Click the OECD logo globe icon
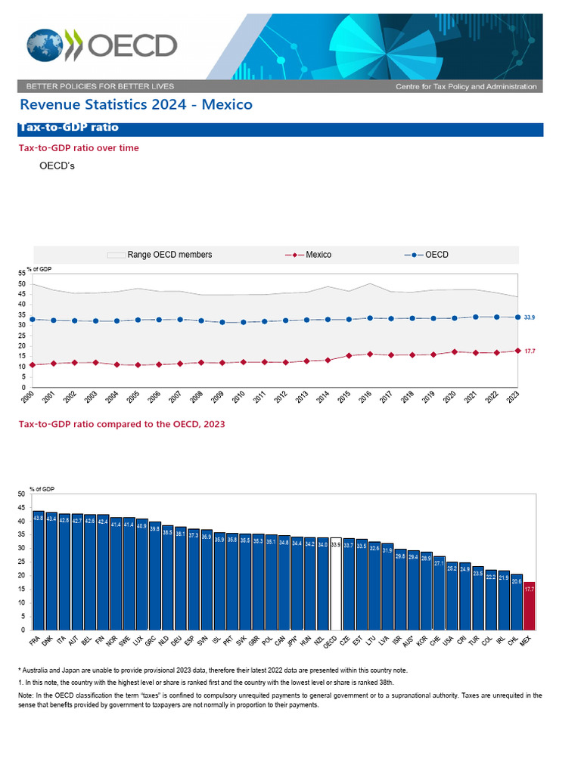coord(45,45)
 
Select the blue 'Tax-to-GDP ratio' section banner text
coord(68,128)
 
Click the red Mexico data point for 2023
coord(517,351)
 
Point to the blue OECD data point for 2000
coord(33,320)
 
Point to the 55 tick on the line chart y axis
coord(23,274)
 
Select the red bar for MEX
coord(529,605)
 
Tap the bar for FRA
coord(39,571)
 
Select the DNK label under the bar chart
coord(48,642)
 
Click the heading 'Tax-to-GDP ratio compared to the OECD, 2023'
coord(121,424)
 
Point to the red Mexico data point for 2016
coord(369,354)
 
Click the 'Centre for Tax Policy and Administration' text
coord(466,87)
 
